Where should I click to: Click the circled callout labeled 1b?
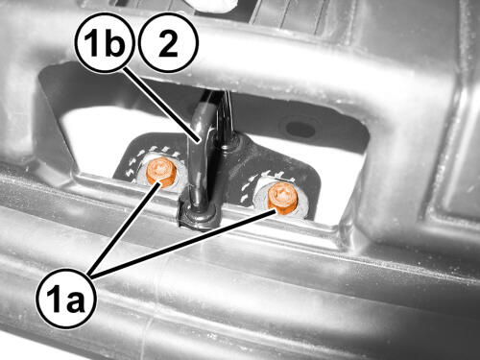pos(105,42)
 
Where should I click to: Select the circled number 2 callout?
pos(168,42)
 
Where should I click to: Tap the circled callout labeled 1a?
pos(66,299)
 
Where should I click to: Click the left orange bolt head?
pos(161,172)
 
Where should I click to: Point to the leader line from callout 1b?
pos(162,105)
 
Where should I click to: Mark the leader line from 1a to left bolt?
pos(125,228)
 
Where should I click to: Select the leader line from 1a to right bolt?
pos(183,242)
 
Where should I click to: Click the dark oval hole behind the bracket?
pos(300,128)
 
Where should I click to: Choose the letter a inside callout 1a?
pos(75,301)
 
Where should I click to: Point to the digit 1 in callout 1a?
pos(55,299)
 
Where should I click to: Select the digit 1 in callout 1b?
pos(92,42)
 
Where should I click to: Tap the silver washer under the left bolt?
pos(160,173)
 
